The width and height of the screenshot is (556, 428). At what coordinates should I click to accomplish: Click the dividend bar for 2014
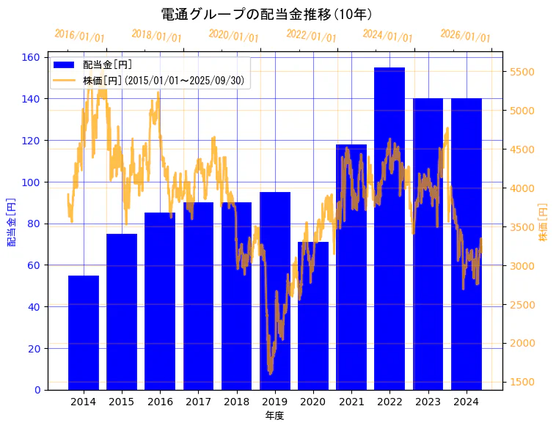click(84, 333)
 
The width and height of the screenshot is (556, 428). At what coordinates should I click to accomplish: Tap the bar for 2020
click(313, 316)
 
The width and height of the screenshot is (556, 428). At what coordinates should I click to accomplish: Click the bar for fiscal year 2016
click(160, 301)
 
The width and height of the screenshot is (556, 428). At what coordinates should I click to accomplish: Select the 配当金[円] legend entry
click(107, 64)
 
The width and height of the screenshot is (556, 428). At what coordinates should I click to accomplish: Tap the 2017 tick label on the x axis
click(198, 402)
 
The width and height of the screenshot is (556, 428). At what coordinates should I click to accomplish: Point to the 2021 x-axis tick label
click(351, 402)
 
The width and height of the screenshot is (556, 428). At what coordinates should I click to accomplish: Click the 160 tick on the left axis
click(34, 57)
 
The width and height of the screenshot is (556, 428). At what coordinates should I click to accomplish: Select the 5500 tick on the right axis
click(522, 72)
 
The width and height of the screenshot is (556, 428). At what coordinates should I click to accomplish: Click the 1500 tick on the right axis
click(522, 382)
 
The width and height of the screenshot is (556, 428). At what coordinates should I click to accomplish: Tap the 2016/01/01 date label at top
click(80, 36)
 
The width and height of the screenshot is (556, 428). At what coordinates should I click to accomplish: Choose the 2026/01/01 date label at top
click(466, 36)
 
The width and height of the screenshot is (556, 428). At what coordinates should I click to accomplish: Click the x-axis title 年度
click(275, 416)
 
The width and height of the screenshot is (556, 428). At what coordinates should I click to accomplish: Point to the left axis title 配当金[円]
click(12, 222)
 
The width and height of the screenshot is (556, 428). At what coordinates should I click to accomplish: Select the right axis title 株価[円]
click(544, 222)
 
